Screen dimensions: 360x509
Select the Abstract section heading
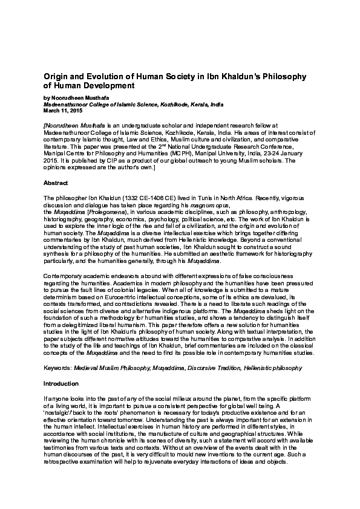pyautogui.click(x=56, y=182)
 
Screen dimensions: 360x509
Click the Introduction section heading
pyautogui.click(x=61, y=383)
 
